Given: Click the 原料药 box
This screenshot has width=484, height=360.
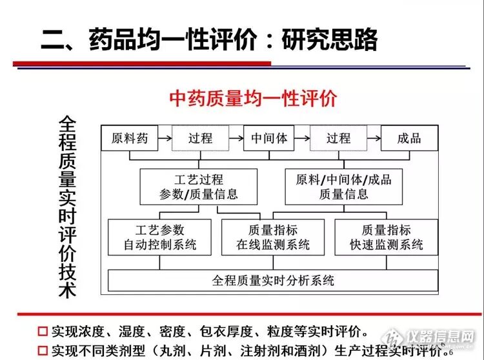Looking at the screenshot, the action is click(x=130, y=138).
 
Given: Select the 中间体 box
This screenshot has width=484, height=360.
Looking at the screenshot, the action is click(x=269, y=138).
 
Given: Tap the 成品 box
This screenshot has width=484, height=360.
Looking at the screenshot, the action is click(x=409, y=138).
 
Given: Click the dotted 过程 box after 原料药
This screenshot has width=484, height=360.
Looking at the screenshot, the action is click(x=200, y=138).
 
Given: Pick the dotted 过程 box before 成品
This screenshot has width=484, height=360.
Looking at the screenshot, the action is click(x=338, y=138).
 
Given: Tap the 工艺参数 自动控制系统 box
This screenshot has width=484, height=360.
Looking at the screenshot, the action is click(x=159, y=237).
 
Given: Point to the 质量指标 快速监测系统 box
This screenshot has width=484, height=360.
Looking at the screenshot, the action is click(x=385, y=237).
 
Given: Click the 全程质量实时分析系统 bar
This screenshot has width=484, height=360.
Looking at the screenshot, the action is click(x=273, y=281).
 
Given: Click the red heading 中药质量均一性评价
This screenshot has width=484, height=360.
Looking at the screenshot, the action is click(x=253, y=99).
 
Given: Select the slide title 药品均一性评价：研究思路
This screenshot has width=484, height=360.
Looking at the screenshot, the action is click(x=209, y=40).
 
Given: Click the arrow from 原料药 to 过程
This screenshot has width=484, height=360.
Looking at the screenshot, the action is click(x=165, y=137).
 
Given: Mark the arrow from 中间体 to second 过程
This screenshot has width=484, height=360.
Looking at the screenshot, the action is click(x=302, y=137).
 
